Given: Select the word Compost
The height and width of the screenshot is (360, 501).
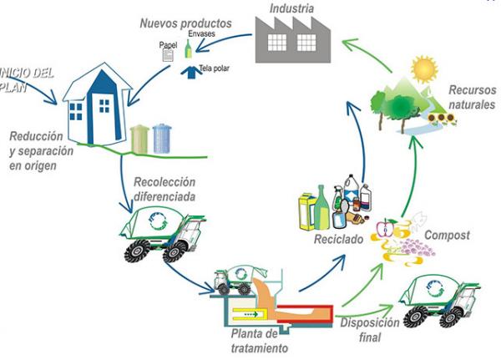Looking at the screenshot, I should (447, 236).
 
